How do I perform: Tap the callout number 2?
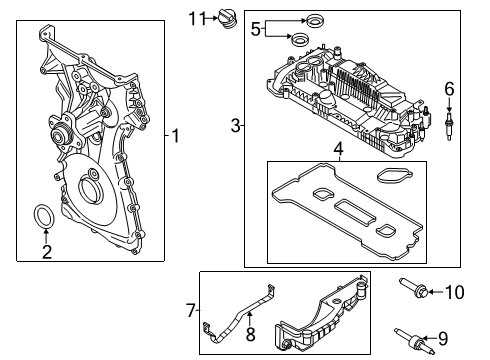[46, 251]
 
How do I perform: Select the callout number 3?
[235, 125]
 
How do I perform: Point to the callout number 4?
[338, 151]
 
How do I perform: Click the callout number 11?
[197, 17]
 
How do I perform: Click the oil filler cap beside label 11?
[225, 18]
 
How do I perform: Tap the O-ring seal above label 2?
[46, 217]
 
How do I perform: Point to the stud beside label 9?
[415, 335]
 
